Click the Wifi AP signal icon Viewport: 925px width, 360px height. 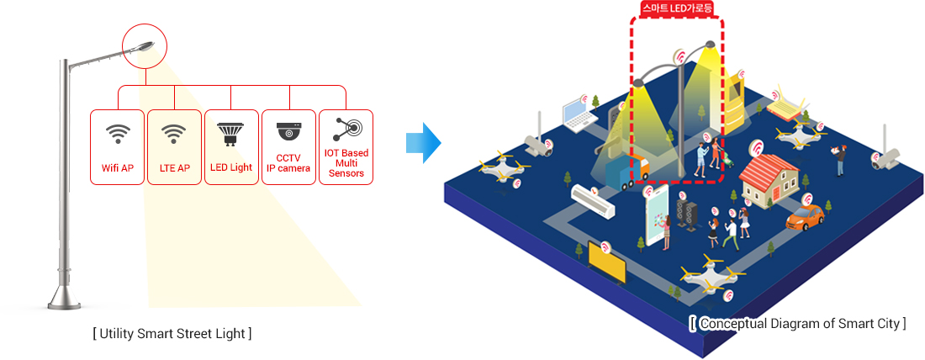(118, 134)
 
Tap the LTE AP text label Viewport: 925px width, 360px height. (175, 167)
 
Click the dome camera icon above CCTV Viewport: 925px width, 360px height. (289, 131)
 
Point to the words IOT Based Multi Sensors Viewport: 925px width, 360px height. (346, 163)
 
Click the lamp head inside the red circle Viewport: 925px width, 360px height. (144, 46)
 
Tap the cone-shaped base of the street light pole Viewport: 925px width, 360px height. (64, 295)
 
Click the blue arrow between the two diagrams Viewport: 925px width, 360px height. (424, 143)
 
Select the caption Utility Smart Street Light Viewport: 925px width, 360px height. (172, 333)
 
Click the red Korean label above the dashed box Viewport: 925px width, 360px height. (677, 8)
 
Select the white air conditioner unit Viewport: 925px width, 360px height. (593, 201)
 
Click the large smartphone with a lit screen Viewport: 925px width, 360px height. (658, 214)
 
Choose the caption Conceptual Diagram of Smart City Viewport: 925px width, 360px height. (797, 323)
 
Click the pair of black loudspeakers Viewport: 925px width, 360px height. (687, 213)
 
